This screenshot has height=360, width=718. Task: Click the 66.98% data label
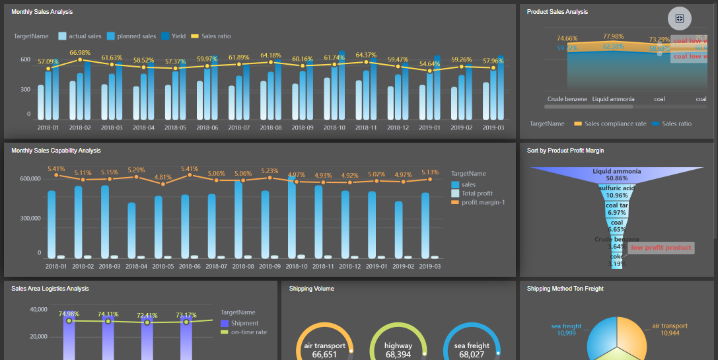(79, 53)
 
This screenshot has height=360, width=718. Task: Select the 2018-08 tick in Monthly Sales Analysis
(270, 127)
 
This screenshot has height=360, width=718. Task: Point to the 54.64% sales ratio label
(429, 64)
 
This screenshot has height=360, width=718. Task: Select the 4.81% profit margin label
(162, 177)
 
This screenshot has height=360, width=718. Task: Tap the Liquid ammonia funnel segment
(616, 174)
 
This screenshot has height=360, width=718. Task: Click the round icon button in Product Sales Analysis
(680, 18)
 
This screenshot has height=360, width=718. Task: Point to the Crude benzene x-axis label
(567, 99)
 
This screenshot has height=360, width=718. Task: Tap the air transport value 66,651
(325, 355)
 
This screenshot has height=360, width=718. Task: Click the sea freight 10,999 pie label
(566, 330)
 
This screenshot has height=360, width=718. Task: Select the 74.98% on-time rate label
(69, 314)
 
